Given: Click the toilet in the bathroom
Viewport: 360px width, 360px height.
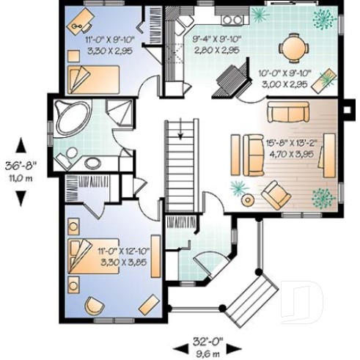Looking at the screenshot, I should [x=71, y=155].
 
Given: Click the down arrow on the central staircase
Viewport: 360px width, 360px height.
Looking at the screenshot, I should [x=177, y=131].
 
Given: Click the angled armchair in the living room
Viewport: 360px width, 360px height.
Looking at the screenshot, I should [x=276, y=194].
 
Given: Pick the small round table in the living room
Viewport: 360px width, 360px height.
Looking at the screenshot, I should [x=249, y=199].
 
